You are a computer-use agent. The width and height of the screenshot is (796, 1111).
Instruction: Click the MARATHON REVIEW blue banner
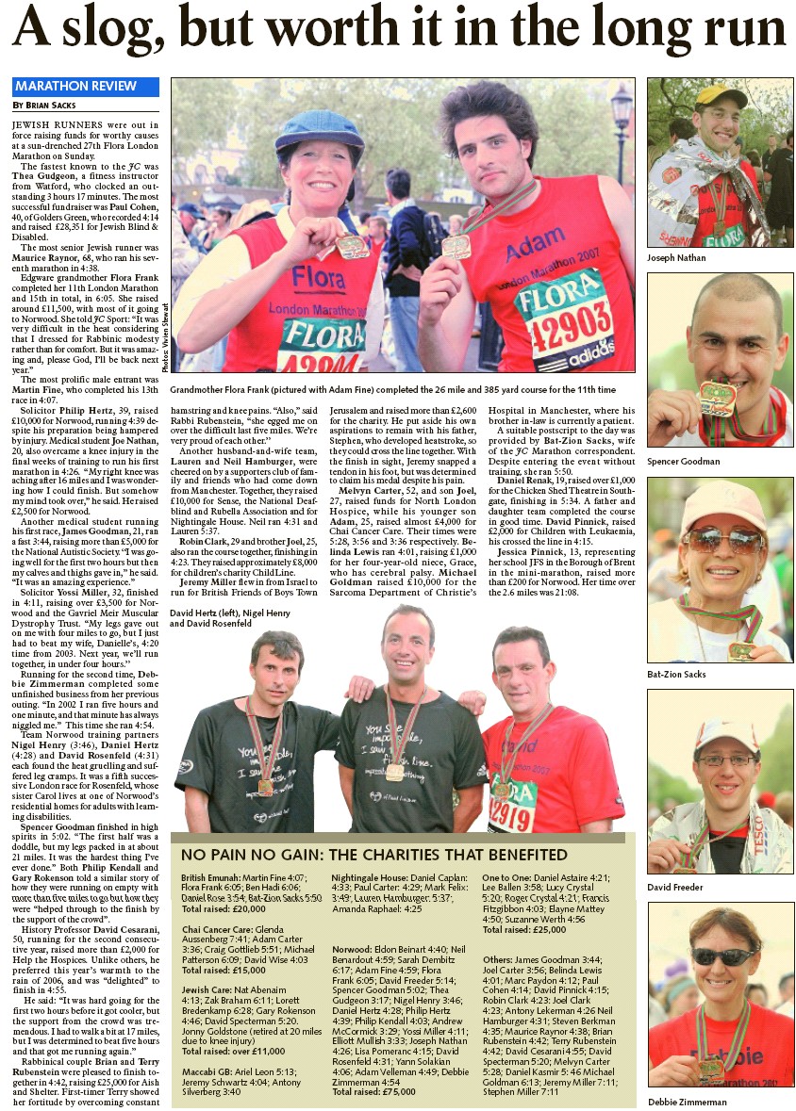[x=75, y=87]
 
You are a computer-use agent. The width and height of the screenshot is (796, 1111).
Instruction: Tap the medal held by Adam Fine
[x=456, y=246]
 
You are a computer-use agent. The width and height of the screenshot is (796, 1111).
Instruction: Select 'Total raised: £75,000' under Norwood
[x=373, y=1066]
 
